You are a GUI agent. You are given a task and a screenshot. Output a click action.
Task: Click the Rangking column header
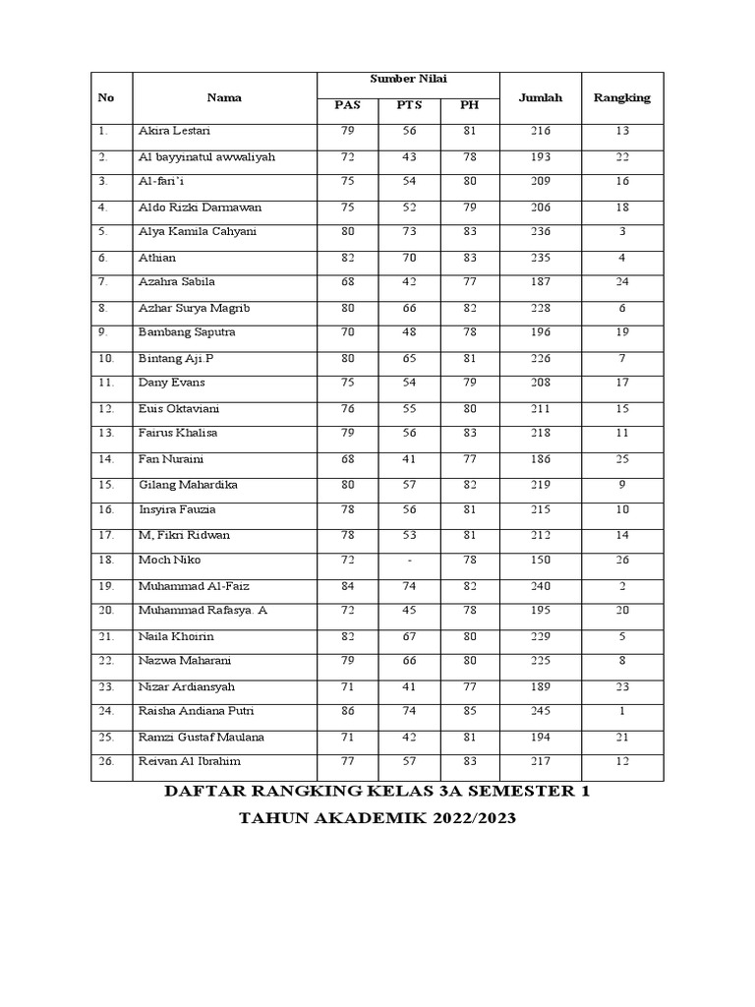tap(621, 97)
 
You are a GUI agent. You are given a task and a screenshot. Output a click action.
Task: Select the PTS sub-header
tap(408, 106)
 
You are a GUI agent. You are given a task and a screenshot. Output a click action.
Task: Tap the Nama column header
tap(224, 97)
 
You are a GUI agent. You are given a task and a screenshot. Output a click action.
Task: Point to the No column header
tap(106, 97)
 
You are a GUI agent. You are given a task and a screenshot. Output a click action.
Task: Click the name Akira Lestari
tap(174, 131)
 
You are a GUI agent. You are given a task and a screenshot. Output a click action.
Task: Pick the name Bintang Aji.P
tap(175, 358)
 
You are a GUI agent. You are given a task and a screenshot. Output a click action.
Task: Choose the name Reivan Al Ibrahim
tap(190, 761)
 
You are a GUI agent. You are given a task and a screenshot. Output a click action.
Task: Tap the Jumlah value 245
tap(541, 711)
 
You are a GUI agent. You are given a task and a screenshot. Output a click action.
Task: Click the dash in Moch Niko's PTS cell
tap(408, 560)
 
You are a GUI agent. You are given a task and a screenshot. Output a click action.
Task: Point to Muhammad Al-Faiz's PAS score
tap(346, 585)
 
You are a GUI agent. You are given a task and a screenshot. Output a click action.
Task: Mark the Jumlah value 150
tap(541, 560)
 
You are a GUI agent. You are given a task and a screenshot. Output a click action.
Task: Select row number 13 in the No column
tap(106, 433)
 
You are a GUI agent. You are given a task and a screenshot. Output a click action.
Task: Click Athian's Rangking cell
tap(621, 258)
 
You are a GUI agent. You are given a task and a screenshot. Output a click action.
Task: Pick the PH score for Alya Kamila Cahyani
tap(469, 232)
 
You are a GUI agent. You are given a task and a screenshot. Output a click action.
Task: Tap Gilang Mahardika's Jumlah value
tap(541, 484)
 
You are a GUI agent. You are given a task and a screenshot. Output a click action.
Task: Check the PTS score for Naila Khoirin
tap(408, 635)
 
